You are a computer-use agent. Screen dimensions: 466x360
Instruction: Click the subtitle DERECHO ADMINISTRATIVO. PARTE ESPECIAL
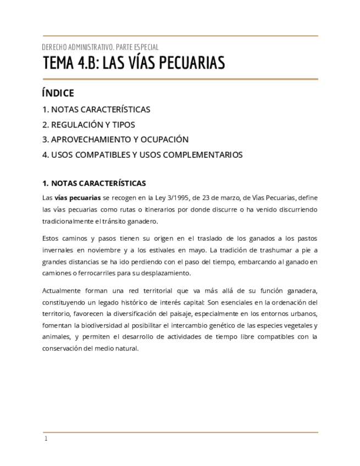(100, 47)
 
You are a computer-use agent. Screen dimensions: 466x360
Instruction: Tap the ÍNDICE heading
(58, 93)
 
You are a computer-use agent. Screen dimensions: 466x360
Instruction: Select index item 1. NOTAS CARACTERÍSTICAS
(96, 109)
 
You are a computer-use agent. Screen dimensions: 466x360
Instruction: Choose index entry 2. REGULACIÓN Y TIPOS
(88, 125)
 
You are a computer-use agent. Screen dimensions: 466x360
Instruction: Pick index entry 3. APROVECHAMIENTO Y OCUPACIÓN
(115, 140)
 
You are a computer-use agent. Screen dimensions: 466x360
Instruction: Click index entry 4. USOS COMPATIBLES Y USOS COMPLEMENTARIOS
(142, 155)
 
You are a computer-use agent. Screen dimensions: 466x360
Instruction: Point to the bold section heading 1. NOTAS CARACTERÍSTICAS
(94, 183)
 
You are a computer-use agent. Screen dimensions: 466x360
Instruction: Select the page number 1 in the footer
(46, 439)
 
